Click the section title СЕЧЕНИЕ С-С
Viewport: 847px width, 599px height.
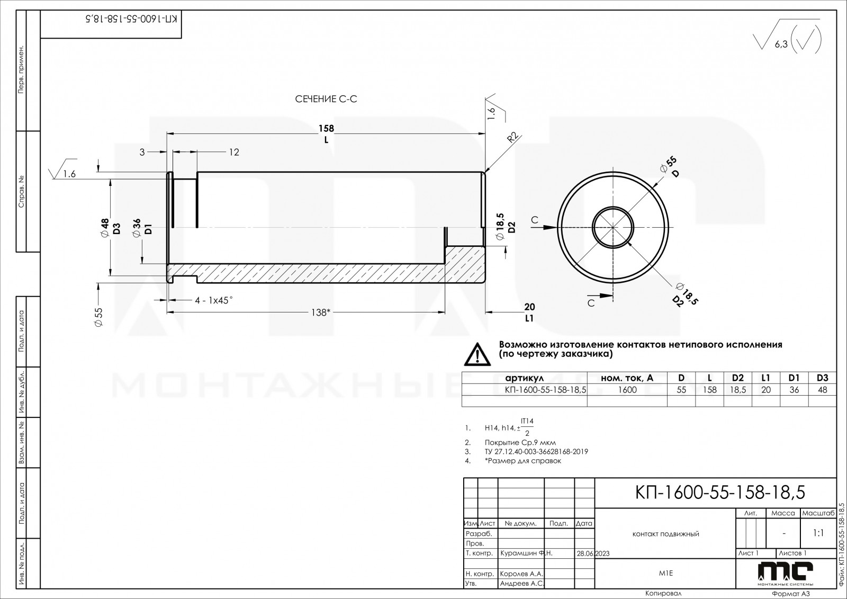tap(326, 99)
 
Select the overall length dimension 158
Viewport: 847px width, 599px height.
tap(326, 128)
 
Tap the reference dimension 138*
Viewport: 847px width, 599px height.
tap(321, 312)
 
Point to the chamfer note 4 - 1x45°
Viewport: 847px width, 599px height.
tap(214, 300)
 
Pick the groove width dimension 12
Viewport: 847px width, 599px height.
tap(234, 152)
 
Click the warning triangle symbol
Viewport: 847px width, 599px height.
tap(477, 354)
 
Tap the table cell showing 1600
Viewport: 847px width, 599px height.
tap(627, 390)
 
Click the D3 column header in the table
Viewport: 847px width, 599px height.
tap(823, 378)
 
